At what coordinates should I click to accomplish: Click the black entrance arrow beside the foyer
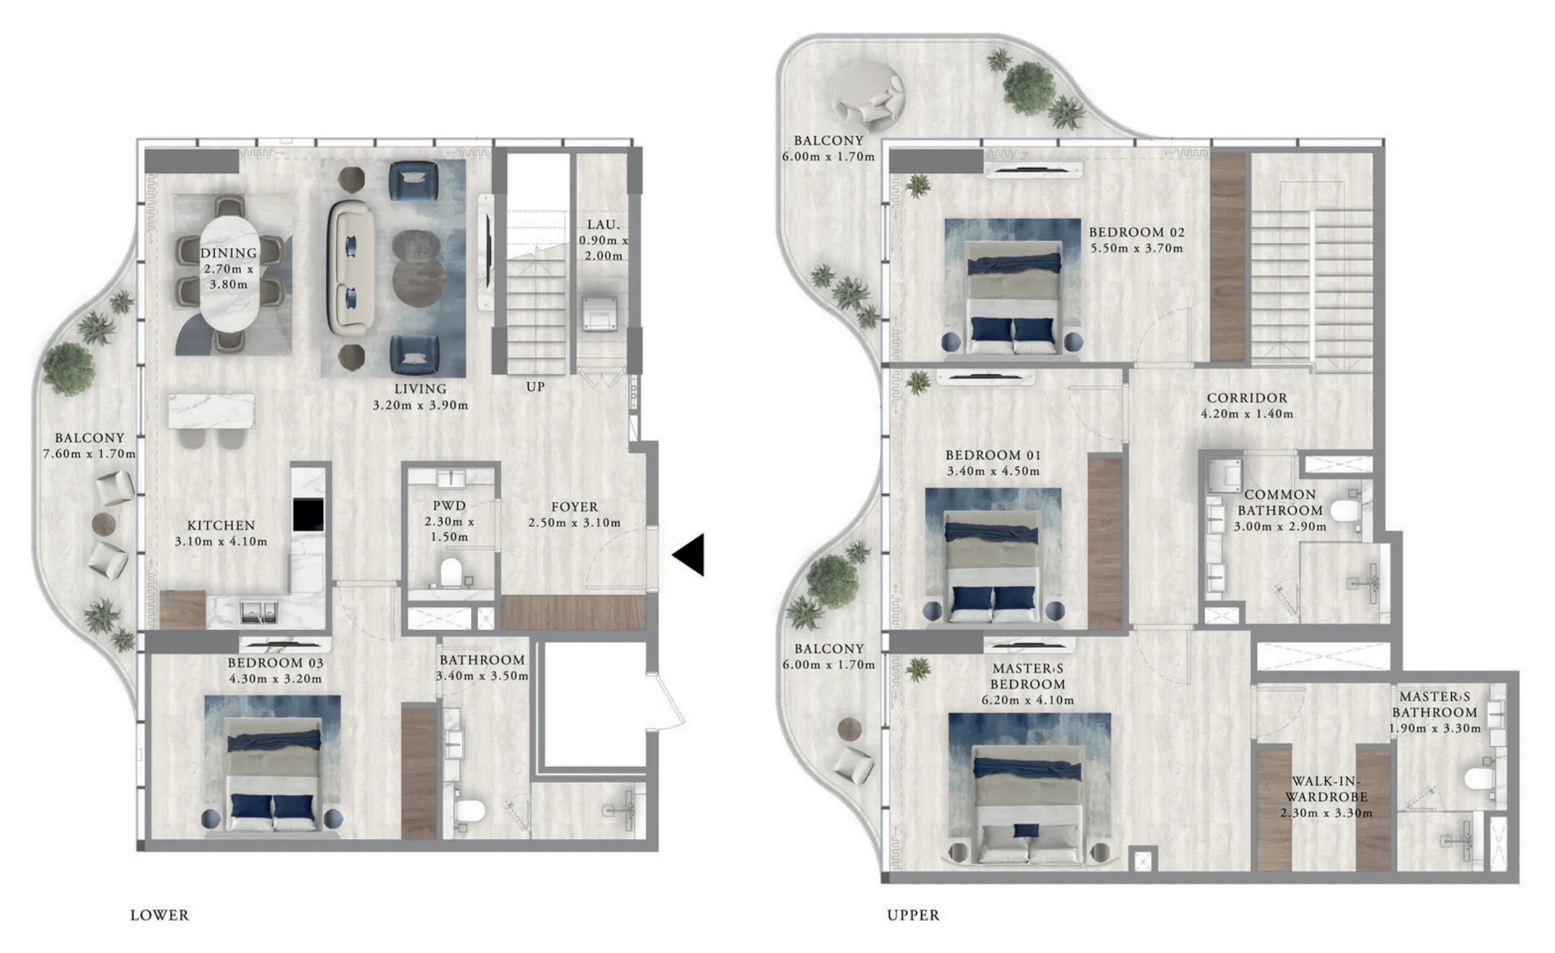click(x=691, y=554)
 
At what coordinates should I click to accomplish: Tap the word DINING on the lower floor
click(x=229, y=253)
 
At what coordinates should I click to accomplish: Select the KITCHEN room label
click(x=221, y=526)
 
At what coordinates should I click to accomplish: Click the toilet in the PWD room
click(x=451, y=572)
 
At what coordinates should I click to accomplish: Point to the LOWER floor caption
click(x=159, y=915)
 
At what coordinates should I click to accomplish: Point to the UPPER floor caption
click(x=913, y=915)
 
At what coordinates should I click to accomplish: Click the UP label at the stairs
click(x=535, y=386)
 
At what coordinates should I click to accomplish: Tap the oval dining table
click(x=229, y=274)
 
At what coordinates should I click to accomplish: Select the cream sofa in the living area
click(x=351, y=268)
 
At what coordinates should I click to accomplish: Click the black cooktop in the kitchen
click(x=308, y=514)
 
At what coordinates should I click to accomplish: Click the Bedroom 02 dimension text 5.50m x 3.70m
click(x=1136, y=248)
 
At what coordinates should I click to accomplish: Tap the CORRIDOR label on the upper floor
click(x=1247, y=398)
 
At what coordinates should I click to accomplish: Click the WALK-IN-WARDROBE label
click(x=1326, y=789)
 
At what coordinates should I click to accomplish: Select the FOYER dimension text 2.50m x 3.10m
click(x=574, y=523)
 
